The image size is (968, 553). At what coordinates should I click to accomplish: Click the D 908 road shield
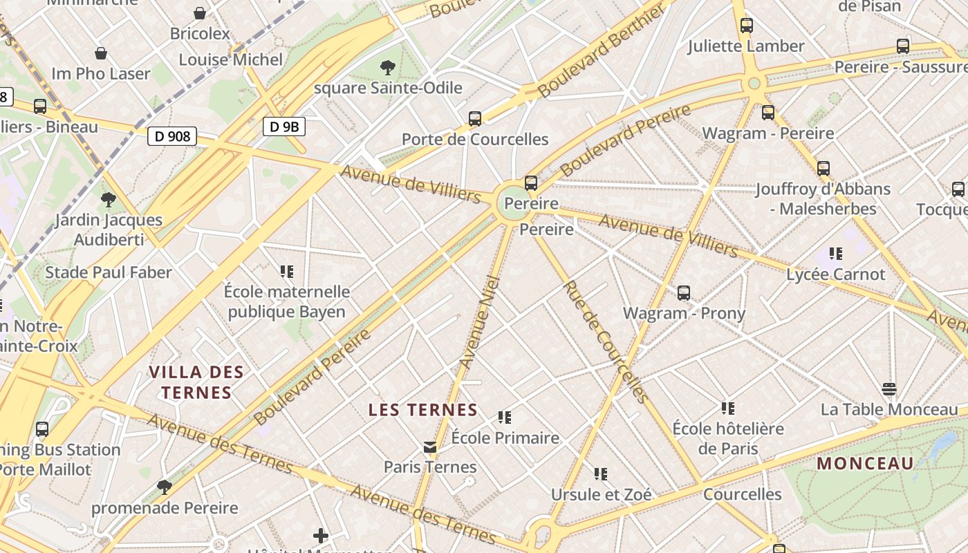172,136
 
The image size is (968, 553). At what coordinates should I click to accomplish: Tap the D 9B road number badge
284,126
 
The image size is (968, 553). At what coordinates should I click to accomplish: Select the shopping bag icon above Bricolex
200,13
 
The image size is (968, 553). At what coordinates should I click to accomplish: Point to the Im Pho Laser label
101,73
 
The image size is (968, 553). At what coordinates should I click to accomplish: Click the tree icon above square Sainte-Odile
388,68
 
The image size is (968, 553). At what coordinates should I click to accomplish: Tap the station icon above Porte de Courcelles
475,119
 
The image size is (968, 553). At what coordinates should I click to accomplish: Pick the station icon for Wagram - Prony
684,293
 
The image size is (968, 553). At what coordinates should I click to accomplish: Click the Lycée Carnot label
835,274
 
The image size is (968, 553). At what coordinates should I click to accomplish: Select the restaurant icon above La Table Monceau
889,389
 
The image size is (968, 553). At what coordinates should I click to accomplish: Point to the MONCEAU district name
865,463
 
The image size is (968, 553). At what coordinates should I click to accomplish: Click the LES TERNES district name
423,410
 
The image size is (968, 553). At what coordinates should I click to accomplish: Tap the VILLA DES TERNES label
196,382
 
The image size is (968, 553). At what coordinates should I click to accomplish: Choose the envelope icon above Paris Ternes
430,447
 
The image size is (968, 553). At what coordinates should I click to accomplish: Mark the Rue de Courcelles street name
605,341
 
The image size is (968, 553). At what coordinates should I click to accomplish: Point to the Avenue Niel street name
479,322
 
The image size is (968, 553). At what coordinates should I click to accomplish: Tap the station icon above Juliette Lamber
747,26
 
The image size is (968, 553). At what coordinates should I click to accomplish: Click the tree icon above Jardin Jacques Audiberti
108,200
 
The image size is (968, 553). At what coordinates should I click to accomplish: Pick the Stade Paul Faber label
109,272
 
